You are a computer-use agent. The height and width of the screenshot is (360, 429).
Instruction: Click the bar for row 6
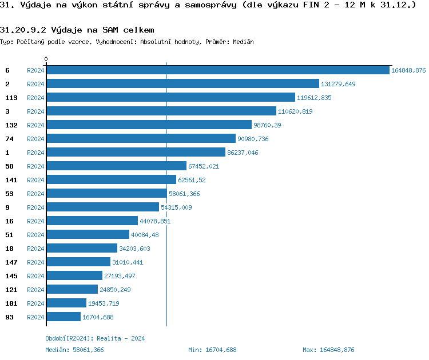[x=217, y=70]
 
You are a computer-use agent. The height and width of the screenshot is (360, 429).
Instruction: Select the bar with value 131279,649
[x=182, y=84]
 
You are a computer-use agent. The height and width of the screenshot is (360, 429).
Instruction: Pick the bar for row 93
[x=63, y=317]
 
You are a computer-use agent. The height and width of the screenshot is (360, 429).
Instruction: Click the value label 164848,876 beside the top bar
[x=408, y=70]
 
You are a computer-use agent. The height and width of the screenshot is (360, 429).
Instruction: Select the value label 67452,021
[x=204, y=166]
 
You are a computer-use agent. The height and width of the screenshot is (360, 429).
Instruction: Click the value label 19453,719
[x=104, y=303]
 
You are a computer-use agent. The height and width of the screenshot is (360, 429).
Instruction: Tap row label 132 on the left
[x=11, y=125]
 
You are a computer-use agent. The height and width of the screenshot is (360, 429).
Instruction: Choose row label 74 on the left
[x=9, y=139]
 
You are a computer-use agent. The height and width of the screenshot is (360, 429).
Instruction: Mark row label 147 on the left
[x=11, y=262]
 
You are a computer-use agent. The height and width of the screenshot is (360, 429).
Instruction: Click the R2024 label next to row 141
[x=35, y=180]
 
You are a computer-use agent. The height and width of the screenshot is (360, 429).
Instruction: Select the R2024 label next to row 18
[x=35, y=249]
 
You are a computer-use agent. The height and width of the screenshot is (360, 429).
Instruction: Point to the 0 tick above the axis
[x=46, y=59]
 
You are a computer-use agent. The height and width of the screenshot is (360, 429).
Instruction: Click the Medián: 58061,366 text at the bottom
[x=74, y=350]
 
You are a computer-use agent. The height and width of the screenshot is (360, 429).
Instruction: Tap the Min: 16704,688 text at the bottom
[x=212, y=350]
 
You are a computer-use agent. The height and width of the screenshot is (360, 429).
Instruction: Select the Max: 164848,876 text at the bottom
[x=328, y=350]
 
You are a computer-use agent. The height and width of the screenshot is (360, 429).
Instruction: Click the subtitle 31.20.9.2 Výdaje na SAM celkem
[x=77, y=30]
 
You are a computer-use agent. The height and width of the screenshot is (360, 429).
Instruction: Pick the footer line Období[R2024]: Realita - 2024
[x=95, y=338]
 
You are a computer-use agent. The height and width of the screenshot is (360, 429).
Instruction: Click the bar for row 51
[x=88, y=235]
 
